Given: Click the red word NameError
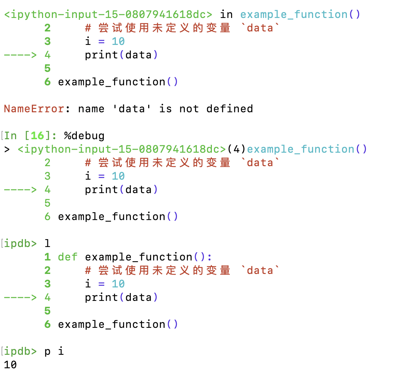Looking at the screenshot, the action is [34, 109].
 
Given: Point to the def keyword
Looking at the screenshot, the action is [67, 257].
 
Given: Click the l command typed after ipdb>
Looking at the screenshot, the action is [47, 244].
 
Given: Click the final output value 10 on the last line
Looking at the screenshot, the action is [10, 365].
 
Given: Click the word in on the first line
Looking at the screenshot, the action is [226, 15].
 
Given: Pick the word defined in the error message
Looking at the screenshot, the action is [229, 109].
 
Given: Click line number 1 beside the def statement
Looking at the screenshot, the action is [47, 257].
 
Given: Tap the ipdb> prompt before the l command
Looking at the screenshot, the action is [21, 244].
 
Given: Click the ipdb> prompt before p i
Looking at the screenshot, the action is [21, 351].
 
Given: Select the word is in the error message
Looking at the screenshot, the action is [165, 109].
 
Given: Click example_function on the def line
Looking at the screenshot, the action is [139, 257].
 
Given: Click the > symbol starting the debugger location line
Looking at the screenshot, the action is [7, 149].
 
